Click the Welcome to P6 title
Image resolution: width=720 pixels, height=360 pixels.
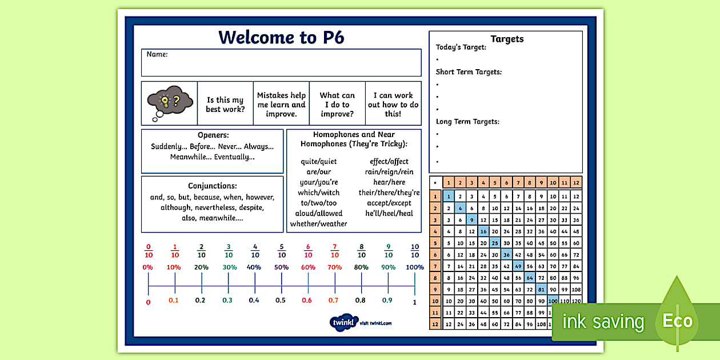[281, 38]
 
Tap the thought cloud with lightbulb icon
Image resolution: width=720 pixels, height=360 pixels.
[169, 103]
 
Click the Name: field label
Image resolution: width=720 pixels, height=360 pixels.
[157, 55]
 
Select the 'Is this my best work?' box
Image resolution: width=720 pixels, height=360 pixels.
[225, 104]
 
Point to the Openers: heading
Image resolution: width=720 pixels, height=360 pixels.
[213, 135]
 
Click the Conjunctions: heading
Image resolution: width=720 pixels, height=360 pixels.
[213, 186]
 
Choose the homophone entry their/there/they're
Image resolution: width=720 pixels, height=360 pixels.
[389, 193]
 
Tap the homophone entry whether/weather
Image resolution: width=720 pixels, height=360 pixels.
[318, 224]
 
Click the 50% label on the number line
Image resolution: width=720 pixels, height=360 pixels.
[281, 267]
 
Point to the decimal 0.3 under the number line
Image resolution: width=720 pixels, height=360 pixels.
[228, 301]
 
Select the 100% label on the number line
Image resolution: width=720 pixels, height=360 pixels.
[415, 267]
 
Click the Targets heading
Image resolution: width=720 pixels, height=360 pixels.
[507, 39]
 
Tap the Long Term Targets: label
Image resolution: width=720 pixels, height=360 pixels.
[467, 122]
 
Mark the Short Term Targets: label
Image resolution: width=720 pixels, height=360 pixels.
[469, 72]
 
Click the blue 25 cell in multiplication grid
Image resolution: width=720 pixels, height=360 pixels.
[495, 243]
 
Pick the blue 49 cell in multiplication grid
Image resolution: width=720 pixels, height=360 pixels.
[518, 266]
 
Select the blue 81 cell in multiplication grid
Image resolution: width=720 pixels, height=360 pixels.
[541, 289]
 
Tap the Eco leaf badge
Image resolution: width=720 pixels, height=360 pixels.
[677, 320]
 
